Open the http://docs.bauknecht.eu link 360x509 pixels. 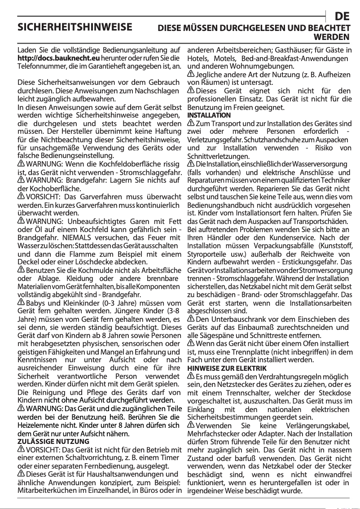coord(58,58)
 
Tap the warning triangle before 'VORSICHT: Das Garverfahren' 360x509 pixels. coord(21,196)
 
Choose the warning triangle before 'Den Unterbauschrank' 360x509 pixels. coord(191,319)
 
